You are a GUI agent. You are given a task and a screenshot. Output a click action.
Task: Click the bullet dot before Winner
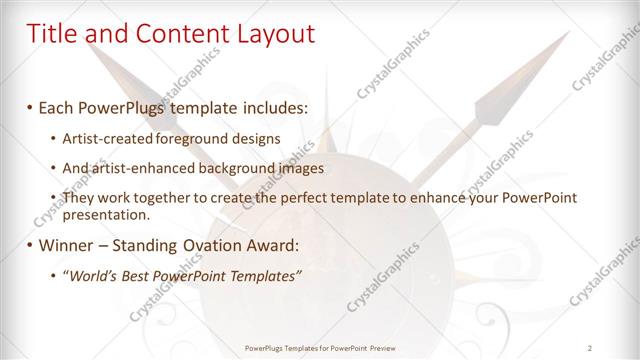(30, 245)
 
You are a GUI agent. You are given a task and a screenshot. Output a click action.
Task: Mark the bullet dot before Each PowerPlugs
(30, 107)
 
